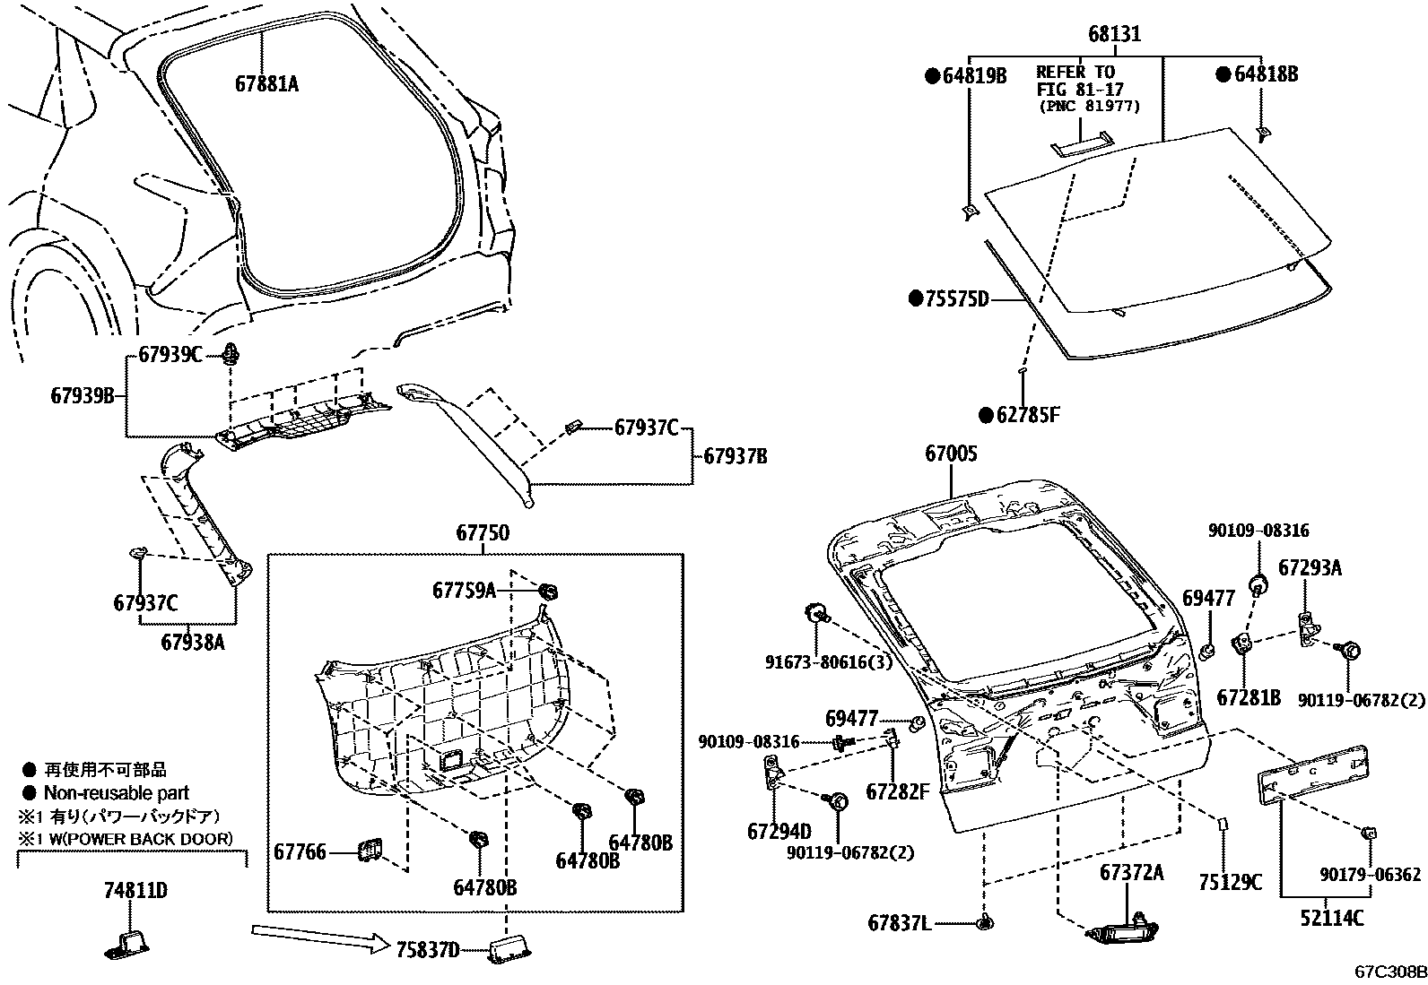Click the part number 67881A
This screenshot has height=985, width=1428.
(266, 83)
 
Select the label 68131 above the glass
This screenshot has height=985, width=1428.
(1115, 34)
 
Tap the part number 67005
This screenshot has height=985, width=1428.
(951, 454)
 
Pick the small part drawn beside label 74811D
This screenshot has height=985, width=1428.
(132, 946)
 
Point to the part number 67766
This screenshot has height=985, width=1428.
(300, 852)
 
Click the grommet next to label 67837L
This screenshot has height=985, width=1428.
(986, 922)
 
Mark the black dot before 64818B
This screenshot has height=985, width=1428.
(1223, 74)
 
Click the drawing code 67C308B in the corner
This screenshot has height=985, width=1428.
(1389, 972)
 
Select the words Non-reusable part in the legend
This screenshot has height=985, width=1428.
(117, 793)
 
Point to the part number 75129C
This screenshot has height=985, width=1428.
(1230, 882)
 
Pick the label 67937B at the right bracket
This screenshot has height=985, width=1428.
(735, 456)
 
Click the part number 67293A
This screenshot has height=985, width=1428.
(1310, 567)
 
